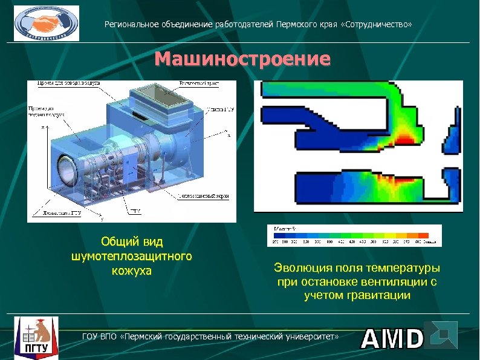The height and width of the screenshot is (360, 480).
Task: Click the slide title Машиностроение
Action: pos(242,59)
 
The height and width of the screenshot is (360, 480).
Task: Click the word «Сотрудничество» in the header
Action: pos(378,25)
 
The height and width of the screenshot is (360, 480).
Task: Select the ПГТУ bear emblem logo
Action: pos(36,336)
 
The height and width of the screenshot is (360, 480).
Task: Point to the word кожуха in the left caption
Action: pos(132,270)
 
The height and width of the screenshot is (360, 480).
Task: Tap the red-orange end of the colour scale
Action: pos(423,235)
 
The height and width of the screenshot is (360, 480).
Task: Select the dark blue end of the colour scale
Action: pos(280,235)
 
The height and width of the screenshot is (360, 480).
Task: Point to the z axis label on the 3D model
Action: pos(43,128)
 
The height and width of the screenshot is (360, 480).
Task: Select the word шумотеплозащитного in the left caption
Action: pos(132,256)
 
